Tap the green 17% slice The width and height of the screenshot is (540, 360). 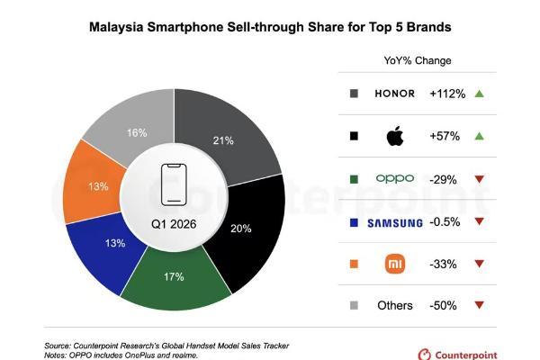175,278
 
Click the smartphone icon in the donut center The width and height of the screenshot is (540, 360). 174,184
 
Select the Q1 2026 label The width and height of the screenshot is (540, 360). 174,224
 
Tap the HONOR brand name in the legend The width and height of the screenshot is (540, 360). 395,94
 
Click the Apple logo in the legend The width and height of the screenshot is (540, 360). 395,136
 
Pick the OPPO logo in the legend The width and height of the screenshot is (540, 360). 395,178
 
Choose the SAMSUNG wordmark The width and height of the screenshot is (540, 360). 395,223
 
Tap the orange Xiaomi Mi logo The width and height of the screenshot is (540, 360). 395,264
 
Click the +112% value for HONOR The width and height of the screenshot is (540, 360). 447,94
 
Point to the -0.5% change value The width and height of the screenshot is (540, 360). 445,222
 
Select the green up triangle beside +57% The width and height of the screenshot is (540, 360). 480,137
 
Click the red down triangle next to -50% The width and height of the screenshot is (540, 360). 480,305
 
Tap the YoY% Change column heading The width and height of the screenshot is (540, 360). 418,60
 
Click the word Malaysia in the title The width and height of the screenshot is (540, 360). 116,27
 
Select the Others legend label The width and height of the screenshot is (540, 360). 395,306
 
